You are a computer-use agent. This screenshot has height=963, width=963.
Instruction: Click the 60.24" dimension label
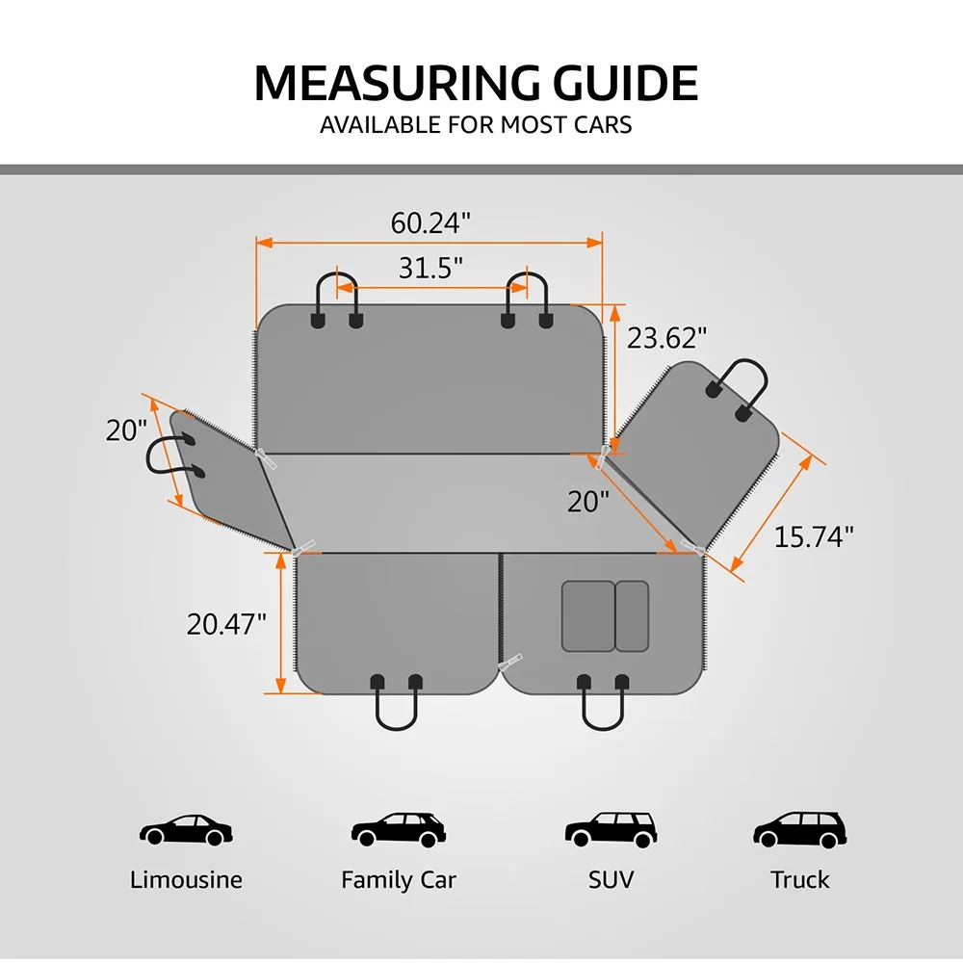tap(430, 223)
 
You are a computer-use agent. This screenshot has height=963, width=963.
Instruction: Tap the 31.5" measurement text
tap(430, 268)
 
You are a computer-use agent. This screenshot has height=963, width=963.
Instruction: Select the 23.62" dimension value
tap(667, 338)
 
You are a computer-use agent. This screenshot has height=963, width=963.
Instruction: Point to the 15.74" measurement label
tap(814, 536)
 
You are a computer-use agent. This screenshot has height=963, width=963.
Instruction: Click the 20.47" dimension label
tap(226, 625)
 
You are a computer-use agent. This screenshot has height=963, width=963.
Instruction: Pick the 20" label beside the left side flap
tap(126, 430)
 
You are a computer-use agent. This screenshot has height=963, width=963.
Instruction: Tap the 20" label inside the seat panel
tap(588, 502)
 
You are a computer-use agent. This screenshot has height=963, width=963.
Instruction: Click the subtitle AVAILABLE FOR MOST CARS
tap(476, 124)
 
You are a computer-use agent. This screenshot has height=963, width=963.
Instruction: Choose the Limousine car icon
tap(186, 830)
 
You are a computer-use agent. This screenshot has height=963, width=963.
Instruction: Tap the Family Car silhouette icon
tap(399, 830)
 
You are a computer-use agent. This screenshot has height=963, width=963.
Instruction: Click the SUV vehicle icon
tap(612, 830)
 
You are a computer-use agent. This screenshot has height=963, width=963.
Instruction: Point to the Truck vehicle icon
tap(799, 830)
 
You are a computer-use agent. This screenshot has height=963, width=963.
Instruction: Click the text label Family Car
tap(399, 880)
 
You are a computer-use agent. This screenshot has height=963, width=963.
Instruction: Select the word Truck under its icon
tap(799, 880)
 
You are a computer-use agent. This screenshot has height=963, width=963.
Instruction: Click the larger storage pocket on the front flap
tap(588, 616)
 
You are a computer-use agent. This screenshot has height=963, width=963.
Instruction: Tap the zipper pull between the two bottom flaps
tap(509, 663)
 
